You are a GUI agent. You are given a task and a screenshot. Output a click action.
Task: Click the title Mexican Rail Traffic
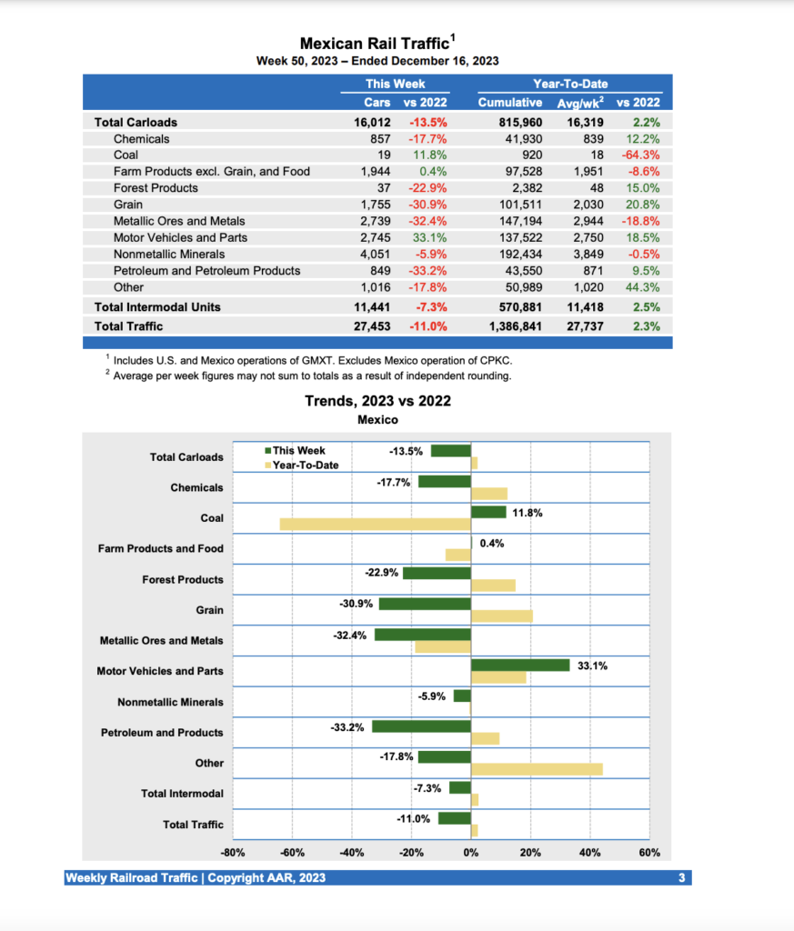pos(375,43)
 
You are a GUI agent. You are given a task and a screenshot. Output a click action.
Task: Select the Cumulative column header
pos(509,103)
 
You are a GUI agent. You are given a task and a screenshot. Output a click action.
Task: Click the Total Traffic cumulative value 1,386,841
pos(516,325)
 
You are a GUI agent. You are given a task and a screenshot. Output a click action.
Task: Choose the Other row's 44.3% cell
pos(642,287)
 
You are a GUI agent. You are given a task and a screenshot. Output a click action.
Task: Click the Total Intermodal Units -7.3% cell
pos(428,307)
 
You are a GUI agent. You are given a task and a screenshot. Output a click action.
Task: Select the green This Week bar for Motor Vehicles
pos(520,665)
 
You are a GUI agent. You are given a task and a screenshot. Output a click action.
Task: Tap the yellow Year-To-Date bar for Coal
pos(375,524)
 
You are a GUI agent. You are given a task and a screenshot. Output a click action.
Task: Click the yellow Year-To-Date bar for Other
pos(537,769)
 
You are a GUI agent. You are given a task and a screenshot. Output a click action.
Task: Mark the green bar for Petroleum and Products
pos(421,726)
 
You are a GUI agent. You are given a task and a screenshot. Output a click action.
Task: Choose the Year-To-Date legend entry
pos(305,465)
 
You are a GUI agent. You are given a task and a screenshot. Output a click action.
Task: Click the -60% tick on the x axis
pos(292,853)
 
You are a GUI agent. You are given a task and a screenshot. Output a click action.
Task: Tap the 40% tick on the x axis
pos(589,853)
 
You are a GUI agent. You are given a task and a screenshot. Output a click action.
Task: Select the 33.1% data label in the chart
pos(592,666)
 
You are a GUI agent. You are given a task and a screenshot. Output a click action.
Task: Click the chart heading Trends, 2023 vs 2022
pos(377,401)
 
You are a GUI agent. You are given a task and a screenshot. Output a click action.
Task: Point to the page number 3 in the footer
pos(681,877)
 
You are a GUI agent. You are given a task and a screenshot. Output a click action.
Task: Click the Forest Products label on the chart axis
pos(182,579)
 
